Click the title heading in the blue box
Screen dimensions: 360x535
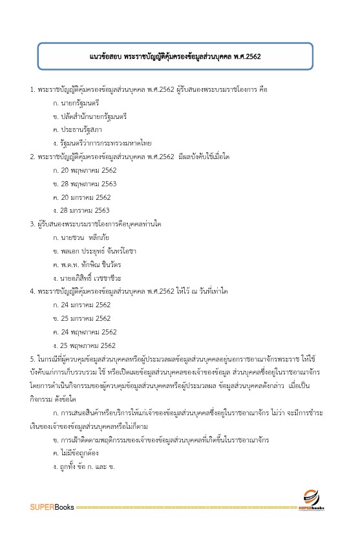175,56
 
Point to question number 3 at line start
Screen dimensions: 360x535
32,224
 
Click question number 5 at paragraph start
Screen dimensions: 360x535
32,358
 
